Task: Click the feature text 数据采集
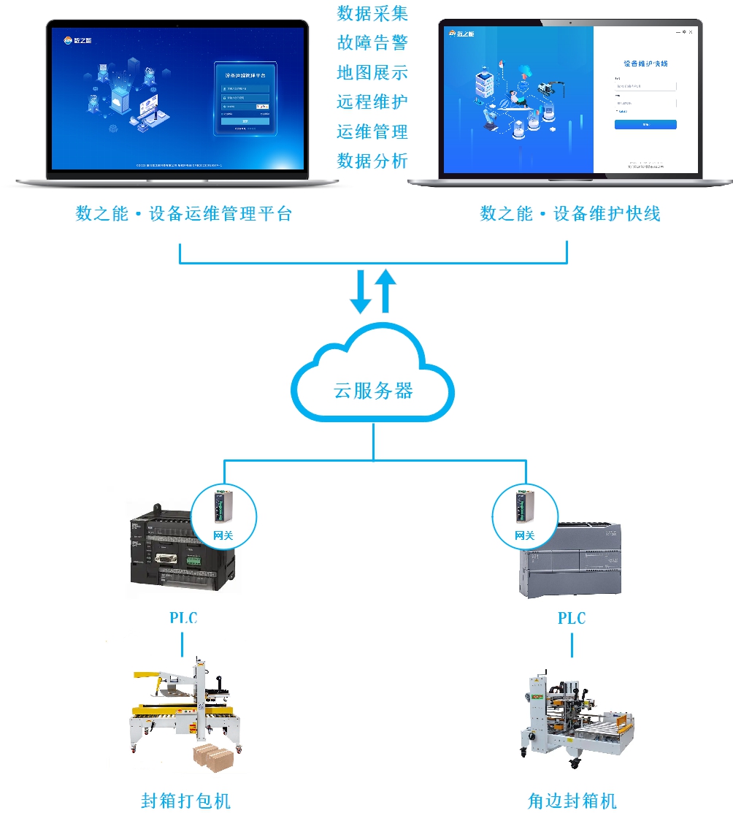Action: pyautogui.click(x=372, y=13)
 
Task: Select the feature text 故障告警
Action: pyautogui.click(x=372, y=43)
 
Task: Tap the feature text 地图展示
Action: pyautogui.click(x=372, y=72)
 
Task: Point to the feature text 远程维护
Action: pyautogui.click(x=372, y=102)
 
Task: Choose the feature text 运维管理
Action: pyautogui.click(x=372, y=131)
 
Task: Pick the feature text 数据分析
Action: pyautogui.click(x=372, y=161)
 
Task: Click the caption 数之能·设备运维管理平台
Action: pyautogui.click(x=184, y=213)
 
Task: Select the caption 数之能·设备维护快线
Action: pyautogui.click(x=570, y=213)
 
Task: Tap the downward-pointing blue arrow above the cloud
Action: pyautogui.click(x=360, y=291)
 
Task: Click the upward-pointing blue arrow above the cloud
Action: pyautogui.click(x=386, y=290)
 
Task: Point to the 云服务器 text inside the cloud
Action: pyautogui.click(x=373, y=390)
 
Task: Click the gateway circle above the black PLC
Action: pyautogui.click(x=223, y=516)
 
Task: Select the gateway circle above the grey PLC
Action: pyautogui.click(x=524, y=516)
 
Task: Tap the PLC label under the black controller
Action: pyautogui.click(x=183, y=618)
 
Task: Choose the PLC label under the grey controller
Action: pyautogui.click(x=572, y=618)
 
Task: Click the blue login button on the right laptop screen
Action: pyautogui.click(x=645, y=125)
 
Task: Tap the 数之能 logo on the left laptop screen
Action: pyautogui.click(x=77, y=41)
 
